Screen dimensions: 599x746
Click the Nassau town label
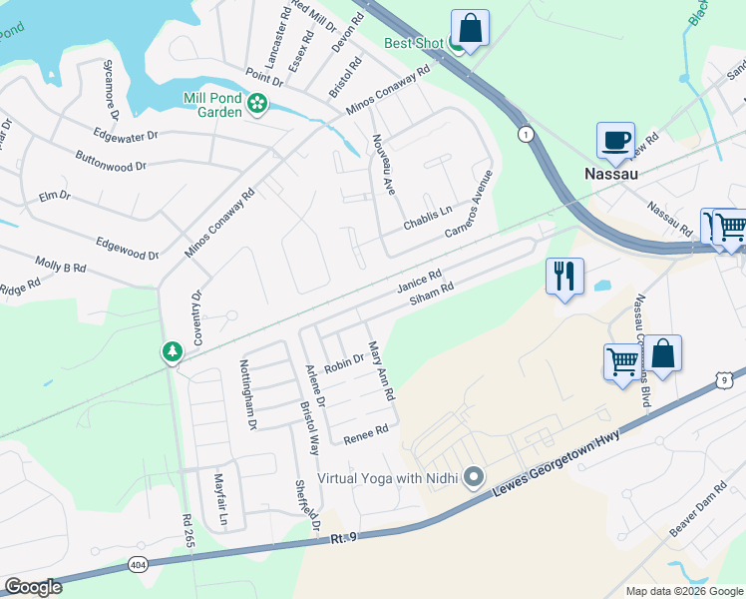609,173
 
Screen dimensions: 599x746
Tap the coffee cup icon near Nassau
615,141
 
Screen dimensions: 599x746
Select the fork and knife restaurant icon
564,276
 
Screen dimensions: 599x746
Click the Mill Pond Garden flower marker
257,103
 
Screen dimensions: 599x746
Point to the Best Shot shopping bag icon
470,28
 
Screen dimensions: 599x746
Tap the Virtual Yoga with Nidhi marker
474,478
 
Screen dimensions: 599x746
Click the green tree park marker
173,352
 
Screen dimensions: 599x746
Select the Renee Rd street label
365,432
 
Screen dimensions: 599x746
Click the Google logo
33,587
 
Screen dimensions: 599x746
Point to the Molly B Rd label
61,268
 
